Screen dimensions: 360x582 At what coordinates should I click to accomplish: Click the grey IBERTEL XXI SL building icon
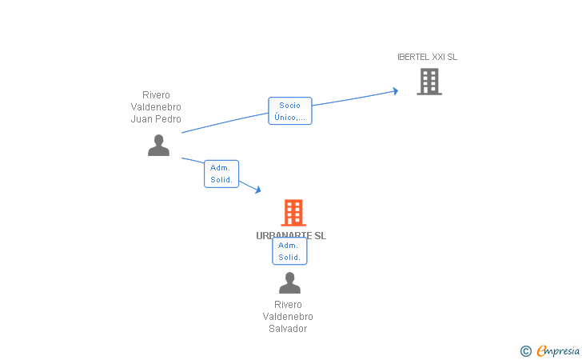tap(429, 81)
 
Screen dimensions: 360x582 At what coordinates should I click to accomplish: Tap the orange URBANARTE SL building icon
tap(293, 213)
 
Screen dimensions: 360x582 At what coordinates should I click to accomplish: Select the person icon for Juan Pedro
tap(158, 145)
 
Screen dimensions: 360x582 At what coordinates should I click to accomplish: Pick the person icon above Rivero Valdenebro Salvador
tap(289, 282)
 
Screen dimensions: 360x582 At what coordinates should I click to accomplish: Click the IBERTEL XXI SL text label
tap(428, 57)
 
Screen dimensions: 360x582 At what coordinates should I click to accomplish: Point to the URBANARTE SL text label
tap(291, 235)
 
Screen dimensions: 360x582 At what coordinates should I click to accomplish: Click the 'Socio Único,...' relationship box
tap(289, 111)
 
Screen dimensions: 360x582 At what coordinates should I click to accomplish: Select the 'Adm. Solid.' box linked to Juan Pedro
tap(221, 174)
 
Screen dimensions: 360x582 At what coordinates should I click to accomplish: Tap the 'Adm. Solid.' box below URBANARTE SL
tap(289, 251)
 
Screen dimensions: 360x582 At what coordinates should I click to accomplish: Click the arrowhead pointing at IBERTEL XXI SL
tap(395, 91)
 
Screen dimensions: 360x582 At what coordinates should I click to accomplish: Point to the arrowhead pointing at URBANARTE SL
tap(257, 190)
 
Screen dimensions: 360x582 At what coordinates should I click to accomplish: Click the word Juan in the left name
tap(141, 119)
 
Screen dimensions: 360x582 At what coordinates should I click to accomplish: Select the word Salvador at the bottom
tap(288, 329)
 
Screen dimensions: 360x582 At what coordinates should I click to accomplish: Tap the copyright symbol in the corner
tap(525, 350)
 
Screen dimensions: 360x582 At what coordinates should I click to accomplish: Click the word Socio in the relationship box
tap(289, 105)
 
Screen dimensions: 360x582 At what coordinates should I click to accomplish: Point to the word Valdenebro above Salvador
tap(288, 317)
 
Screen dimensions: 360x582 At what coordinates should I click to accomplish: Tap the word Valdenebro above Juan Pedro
tap(156, 107)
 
